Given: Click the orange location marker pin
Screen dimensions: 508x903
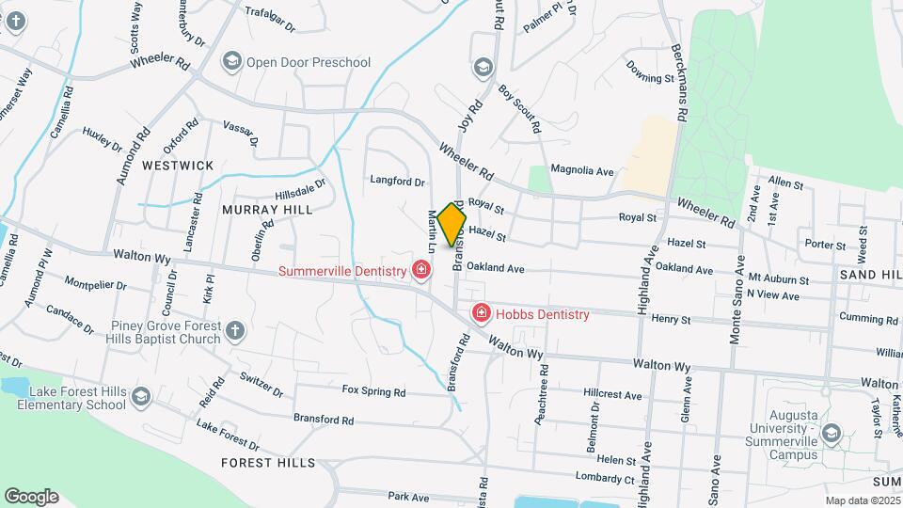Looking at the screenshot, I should pos(452,224).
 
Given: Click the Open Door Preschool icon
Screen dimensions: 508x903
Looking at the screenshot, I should pos(230,62).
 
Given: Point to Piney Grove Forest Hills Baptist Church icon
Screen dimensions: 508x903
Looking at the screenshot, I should pos(235,331).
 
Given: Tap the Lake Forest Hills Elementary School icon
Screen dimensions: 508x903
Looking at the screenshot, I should pos(141,396).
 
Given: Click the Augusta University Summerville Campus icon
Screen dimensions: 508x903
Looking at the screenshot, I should pos(830,433).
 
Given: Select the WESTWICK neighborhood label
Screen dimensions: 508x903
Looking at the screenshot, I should pos(178,166).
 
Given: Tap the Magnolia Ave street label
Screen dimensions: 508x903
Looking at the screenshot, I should pos(581,170).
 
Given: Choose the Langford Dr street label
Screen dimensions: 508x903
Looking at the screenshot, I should pos(398,181).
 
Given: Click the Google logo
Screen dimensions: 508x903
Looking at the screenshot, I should pos(30,496).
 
